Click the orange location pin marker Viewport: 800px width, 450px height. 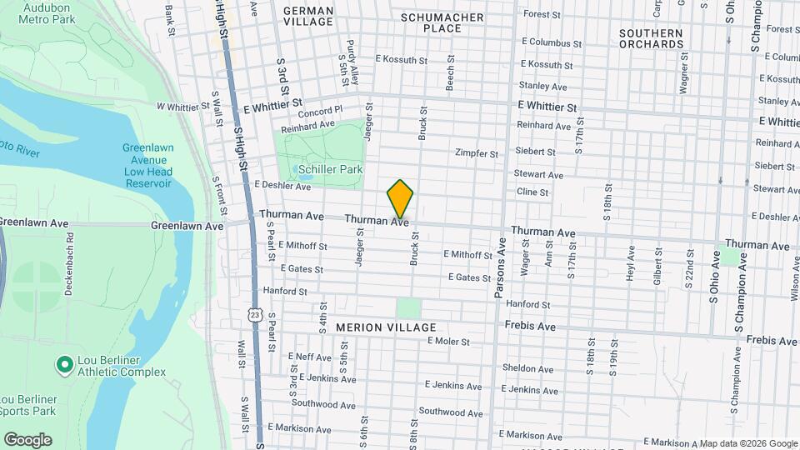pos(400,198)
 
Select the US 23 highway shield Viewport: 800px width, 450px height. pos(255,313)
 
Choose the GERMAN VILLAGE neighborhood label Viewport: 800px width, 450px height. pos(308,17)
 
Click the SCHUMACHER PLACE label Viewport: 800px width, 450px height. pos(442,22)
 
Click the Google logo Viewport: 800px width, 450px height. pos(27,439)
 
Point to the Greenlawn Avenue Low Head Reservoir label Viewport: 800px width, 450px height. pos(147,165)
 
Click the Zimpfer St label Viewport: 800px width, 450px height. pos(476,153)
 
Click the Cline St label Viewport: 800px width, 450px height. pos(532,192)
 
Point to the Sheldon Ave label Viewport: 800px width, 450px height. pos(529,367)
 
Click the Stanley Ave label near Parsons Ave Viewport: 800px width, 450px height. pos(542,86)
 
